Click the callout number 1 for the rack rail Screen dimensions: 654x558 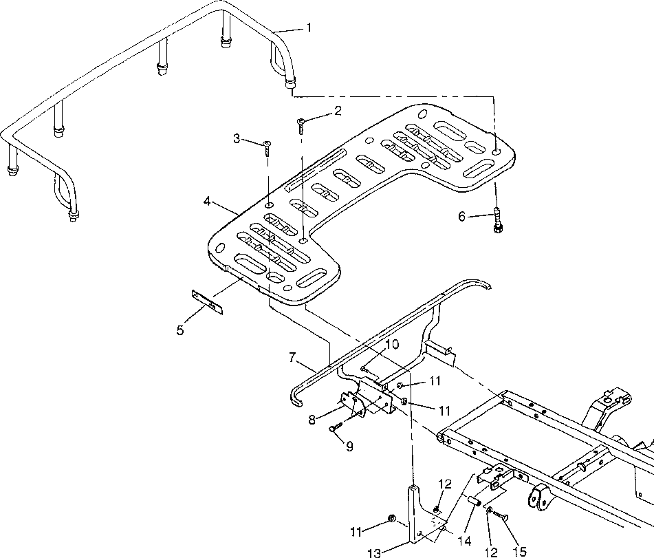tap(309, 28)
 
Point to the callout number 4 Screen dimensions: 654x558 tap(207, 201)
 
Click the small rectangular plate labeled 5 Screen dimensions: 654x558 tap(207, 302)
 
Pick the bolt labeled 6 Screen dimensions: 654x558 tap(497, 220)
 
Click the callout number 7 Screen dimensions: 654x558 tap(292, 357)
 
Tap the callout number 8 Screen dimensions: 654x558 tap(312, 420)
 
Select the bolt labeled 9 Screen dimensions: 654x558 tap(336, 427)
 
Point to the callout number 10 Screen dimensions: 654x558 tap(392, 344)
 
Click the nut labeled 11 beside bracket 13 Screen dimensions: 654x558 tap(392, 518)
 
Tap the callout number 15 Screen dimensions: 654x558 tap(519, 552)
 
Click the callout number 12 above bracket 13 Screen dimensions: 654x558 tap(445, 484)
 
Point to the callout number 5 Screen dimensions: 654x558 tap(179, 330)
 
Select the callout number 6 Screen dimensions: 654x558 tap(461, 217)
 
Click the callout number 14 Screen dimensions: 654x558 tap(464, 541)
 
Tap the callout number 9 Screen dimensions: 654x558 tap(349, 447)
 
